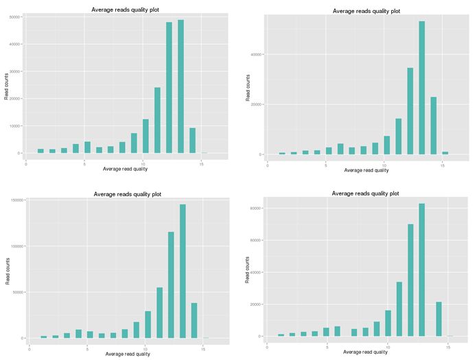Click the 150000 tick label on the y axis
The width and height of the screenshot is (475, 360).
[19, 200]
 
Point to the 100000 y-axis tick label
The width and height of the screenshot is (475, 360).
[19, 245]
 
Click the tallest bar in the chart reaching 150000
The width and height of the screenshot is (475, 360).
[183, 271]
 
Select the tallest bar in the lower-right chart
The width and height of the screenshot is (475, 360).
[421, 269]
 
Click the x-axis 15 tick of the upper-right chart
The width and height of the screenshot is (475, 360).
[443, 165]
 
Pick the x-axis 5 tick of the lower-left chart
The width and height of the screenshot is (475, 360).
[88, 348]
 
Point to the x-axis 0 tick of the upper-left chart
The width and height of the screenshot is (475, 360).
[25, 163]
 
